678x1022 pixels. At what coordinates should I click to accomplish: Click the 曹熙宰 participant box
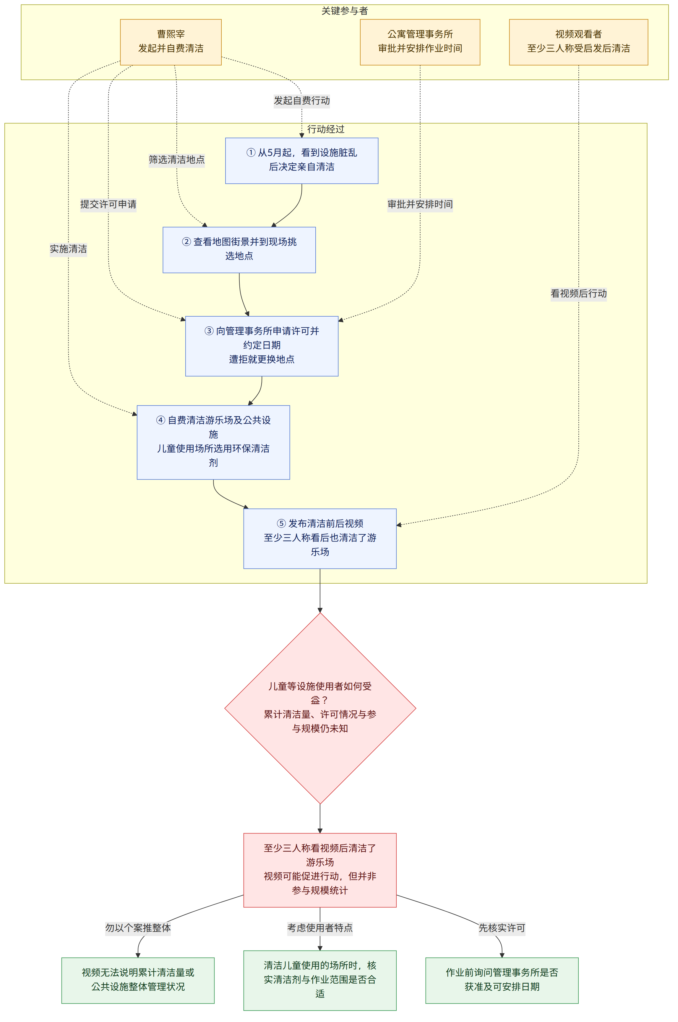(171, 42)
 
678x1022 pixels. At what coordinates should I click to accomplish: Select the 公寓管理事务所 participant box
(420, 42)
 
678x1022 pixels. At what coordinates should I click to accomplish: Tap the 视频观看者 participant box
(579, 42)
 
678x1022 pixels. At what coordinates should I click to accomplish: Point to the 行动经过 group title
(326, 129)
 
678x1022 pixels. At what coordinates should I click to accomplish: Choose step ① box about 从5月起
(302, 161)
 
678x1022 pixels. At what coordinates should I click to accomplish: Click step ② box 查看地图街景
(239, 250)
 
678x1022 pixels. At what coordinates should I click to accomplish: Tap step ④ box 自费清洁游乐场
(213, 442)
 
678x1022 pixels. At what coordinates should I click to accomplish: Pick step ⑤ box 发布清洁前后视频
(320, 538)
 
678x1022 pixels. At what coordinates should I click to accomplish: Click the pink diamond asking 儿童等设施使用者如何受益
(320, 708)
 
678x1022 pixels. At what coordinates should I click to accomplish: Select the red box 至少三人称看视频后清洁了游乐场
(320, 870)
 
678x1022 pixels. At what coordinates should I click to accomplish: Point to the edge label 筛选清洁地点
(177, 160)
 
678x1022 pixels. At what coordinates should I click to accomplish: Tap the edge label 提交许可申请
(108, 204)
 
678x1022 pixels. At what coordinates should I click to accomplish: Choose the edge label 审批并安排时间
(420, 204)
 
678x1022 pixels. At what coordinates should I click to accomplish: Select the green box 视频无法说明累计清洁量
(138, 980)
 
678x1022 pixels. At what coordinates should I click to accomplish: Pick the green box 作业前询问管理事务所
(502, 980)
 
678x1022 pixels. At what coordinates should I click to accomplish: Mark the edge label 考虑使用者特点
(320, 928)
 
